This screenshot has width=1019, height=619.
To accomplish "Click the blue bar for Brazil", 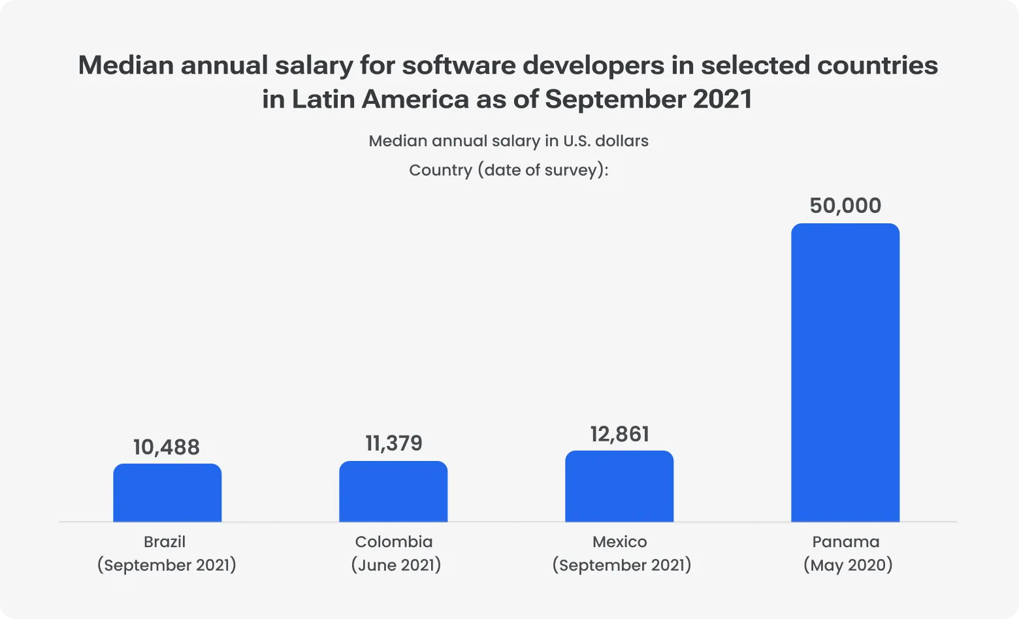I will coord(167,493).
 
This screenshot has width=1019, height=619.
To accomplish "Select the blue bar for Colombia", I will coord(393,492).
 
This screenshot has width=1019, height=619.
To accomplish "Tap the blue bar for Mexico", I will coord(619,486).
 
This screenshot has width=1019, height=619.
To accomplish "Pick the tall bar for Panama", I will coord(845,373).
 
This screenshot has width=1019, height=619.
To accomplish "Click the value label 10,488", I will coord(167,447).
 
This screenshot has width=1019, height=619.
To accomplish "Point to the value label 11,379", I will coord(394,443).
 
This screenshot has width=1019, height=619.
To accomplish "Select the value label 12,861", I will coord(620,434).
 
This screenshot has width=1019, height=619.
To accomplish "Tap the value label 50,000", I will coord(845,206).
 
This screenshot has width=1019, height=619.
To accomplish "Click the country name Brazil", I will coord(165,542).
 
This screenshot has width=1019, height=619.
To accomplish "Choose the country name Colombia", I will coord(394,542).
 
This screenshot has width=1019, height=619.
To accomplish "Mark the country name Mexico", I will coord(620,542).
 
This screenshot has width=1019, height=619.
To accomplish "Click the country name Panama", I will coord(846,542).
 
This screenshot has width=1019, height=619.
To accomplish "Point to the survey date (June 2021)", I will coord(396,565).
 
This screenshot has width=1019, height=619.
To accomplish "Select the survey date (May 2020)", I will coord(848,565).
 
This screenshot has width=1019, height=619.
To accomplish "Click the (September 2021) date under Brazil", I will coord(167,565).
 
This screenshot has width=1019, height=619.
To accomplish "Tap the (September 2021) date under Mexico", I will coord(621,565).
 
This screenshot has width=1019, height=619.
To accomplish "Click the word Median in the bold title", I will coord(125,65).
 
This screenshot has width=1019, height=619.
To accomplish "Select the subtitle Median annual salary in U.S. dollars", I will coord(508,141).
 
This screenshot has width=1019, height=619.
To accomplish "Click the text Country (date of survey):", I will coord(508,170).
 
